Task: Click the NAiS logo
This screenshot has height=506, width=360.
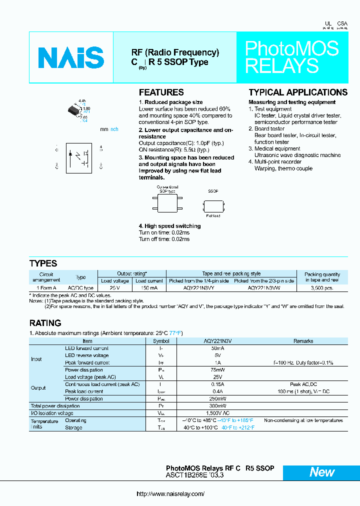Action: coord(71,57)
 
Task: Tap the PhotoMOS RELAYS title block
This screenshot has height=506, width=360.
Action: coord(291,57)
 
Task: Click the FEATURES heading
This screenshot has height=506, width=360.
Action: coord(161,92)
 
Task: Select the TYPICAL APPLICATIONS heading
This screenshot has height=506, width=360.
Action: coord(298,92)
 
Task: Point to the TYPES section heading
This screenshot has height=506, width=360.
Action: coord(43,263)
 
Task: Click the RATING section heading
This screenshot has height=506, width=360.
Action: coord(45,323)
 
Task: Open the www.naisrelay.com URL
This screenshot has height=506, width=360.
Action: coord(170,494)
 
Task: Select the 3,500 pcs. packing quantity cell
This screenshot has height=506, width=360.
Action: coord(321,288)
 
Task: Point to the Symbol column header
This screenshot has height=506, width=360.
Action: coord(160,341)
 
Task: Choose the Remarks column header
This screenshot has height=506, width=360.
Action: coord(303,341)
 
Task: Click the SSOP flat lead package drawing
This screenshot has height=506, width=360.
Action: coord(213,205)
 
